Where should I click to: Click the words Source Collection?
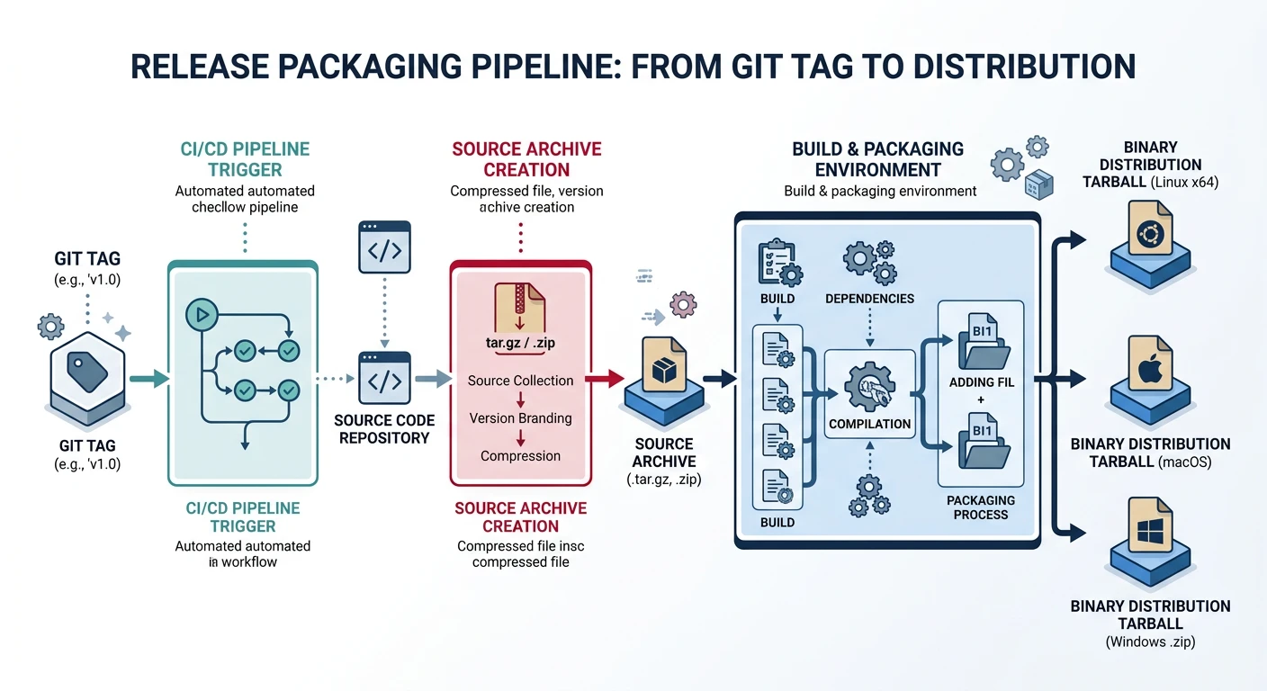(520, 381)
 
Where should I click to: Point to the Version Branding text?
(520, 418)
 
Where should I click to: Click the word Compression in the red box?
(520, 456)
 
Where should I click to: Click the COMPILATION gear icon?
(869, 387)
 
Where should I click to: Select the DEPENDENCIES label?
(869, 299)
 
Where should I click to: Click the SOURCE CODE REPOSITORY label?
(384, 429)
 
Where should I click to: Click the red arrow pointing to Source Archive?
(605, 380)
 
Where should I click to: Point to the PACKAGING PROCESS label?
(981, 507)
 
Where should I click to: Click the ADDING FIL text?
(981, 382)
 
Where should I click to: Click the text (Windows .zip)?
(1151, 642)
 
